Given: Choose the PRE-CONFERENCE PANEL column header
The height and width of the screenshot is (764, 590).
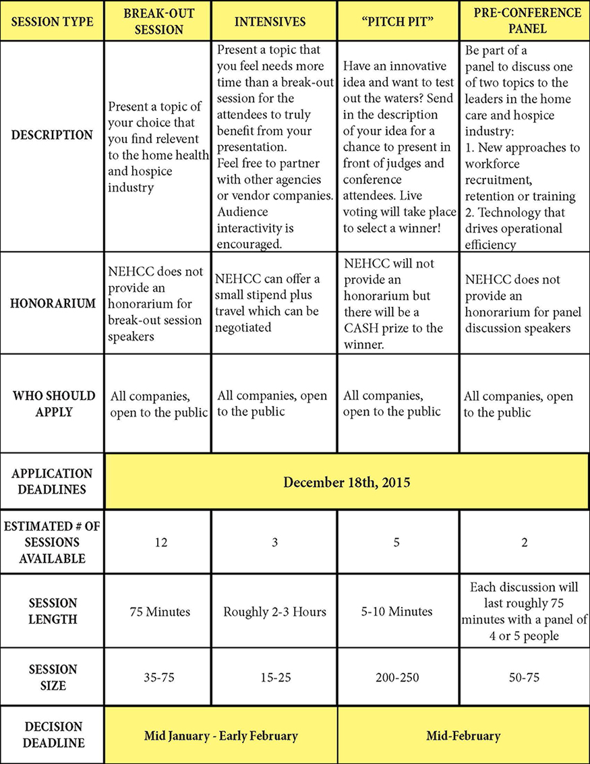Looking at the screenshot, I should coord(524,22).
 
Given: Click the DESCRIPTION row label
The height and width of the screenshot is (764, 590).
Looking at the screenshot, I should coord(52,135).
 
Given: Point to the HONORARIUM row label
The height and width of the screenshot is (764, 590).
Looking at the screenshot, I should coord(52,303).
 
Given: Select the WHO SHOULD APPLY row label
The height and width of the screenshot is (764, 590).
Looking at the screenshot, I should coord(52,403).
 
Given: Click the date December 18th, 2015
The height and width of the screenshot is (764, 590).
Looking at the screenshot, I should coord(347,482).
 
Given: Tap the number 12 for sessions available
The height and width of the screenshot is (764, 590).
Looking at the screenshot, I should coord(159,542).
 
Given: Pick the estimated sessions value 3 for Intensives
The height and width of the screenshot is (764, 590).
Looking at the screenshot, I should coord(274,542).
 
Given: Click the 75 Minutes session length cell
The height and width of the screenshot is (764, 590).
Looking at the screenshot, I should coord(160,612).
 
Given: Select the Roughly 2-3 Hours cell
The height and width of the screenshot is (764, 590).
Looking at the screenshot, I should coord(274,612).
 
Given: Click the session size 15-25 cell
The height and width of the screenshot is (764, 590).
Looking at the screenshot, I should coord(274,677).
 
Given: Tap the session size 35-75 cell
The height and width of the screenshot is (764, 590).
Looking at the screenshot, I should coord(160,677).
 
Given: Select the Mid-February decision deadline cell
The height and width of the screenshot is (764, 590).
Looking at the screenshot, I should coord(463,736).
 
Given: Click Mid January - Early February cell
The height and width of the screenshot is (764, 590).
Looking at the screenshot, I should coord(221,736).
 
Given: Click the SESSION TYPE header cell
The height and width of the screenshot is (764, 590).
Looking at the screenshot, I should coord(52,22).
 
